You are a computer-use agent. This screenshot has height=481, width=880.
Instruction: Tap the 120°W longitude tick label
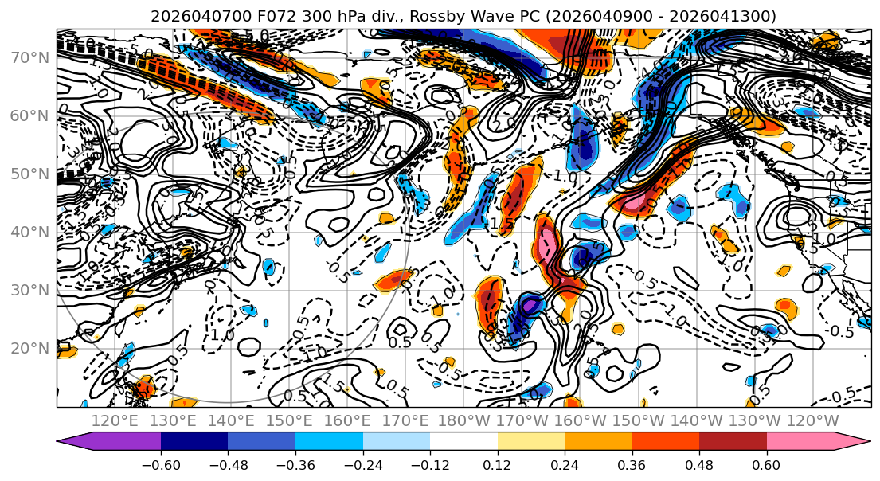812,420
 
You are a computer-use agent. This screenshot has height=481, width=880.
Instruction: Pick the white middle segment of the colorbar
463,442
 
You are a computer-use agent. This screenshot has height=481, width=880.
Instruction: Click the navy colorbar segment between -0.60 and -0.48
194,442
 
